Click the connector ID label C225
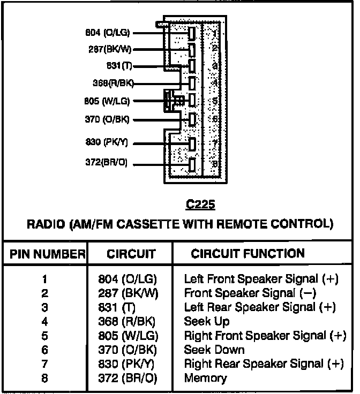coord(200,204)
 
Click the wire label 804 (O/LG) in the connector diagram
coord(108,33)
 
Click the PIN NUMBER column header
coord(45,254)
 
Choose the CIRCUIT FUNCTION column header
coord(248,254)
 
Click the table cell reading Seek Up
coord(207,321)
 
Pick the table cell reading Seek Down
coord(214,350)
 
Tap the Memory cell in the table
coord(205,378)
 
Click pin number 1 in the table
coord(45,279)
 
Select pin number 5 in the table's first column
coord(45,336)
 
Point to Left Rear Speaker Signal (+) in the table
coord(260,307)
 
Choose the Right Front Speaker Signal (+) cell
coord(265,336)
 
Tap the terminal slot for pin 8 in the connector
coord(192,164)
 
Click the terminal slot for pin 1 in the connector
coord(191,33)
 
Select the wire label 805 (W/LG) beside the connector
coord(107,101)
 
